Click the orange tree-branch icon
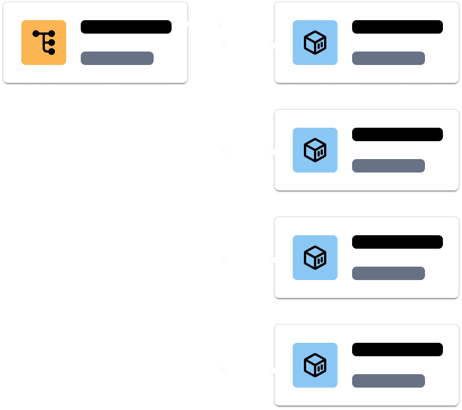coord(44,43)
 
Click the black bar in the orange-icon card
coord(126,27)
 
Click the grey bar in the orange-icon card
coord(117,58)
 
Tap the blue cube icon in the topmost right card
coord(315,43)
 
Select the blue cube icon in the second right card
coord(315,150)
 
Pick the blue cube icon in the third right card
coord(315,258)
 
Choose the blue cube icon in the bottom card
coord(315,365)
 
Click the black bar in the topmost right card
coord(398,27)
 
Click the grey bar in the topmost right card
coord(389,58)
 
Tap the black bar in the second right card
coord(398,134)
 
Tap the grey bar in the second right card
coord(389,166)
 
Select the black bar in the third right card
coord(398,242)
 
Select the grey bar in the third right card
coord(389,273)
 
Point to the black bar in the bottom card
coord(398,350)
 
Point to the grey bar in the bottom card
coord(389,381)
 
